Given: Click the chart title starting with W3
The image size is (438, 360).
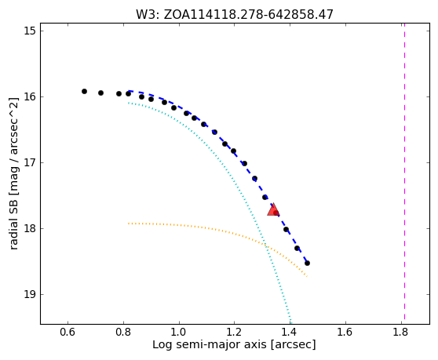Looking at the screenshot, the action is (235, 15).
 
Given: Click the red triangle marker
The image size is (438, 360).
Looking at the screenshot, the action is (273, 209).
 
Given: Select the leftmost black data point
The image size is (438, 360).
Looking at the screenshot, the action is (84, 91).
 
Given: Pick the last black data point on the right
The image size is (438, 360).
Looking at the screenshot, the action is (307, 264).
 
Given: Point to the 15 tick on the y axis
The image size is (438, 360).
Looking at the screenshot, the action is (30, 31).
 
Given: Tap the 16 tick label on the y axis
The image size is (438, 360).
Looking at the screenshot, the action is (30, 96).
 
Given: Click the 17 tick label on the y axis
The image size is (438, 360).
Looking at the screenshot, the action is (30, 162).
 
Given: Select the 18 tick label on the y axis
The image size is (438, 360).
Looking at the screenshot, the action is (30, 228).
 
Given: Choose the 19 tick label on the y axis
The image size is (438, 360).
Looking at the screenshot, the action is (30, 294).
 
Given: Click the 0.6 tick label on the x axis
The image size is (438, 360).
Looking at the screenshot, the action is (68, 332).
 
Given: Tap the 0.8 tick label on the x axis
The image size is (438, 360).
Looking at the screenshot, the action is (123, 332).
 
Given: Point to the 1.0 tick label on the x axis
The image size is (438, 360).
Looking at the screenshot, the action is (179, 332).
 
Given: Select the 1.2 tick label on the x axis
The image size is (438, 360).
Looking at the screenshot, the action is (235, 332).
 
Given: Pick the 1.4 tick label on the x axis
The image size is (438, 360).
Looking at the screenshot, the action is (290, 332).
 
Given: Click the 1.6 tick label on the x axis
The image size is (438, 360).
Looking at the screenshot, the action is (345, 332).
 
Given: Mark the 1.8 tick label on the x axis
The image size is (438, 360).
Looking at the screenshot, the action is (401, 332).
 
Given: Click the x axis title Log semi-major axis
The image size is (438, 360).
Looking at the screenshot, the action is (234, 345).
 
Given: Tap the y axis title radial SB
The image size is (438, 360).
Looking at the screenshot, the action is (13, 173).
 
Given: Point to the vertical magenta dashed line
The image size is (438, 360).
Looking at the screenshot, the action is (404, 172).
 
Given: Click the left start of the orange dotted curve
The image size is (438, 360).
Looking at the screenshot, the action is (129, 224).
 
